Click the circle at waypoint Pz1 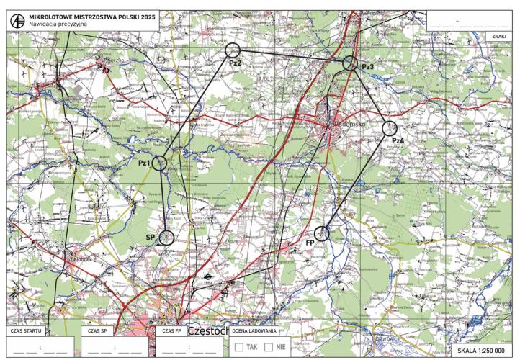pos(160,163)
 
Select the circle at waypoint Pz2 pos(232,50)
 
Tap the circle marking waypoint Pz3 pos(350,63)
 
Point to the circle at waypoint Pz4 pos(390,129)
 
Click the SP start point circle pos(167,236)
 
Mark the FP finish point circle pos(322,233)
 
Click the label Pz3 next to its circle pos(367,67)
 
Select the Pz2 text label pos(235,63)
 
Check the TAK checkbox pos(241,346)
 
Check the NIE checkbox pos(269,346)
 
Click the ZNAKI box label pos(498,35)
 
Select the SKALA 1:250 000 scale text pos(482,351)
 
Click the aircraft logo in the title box pos(17,20)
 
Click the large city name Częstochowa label pos(208,333)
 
